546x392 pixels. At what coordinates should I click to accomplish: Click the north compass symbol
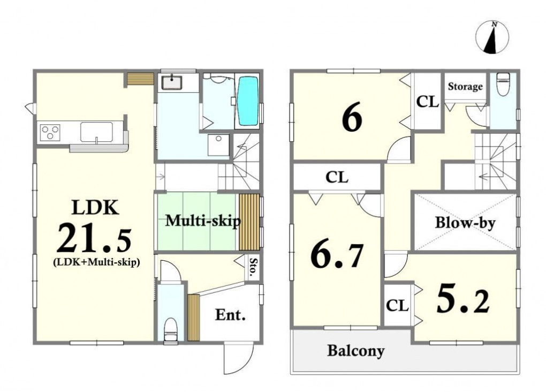point(492,37)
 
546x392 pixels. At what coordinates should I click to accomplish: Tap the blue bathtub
point(248,101)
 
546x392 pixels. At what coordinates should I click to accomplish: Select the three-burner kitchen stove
point(50,132)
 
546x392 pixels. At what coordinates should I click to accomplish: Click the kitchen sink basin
point(96,132)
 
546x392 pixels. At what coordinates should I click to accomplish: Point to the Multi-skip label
point(203,221)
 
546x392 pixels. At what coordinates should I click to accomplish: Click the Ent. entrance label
point(230,315)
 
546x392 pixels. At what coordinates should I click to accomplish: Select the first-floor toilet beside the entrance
point(170,329)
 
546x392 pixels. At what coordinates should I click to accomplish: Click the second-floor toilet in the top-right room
point(503,84)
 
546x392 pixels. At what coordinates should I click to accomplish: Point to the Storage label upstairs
point(465,86)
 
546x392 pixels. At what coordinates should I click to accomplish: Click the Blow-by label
point(465,222)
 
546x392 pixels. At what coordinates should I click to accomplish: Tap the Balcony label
point(356,351)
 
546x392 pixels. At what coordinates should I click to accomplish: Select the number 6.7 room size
point(337,256)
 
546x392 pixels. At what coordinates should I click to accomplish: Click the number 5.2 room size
point(463,299)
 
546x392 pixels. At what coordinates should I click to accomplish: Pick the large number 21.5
point(94,238)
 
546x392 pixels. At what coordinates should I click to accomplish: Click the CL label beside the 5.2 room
point(397,306)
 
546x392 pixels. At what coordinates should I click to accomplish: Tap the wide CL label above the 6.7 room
point(337,177)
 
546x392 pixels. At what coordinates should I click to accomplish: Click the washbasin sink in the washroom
point(172,83)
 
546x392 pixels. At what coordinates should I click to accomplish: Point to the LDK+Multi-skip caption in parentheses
point(96,262)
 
